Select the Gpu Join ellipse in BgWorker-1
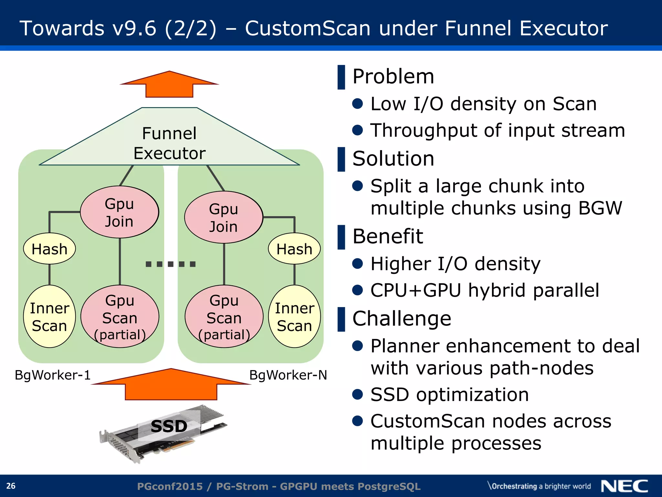119,212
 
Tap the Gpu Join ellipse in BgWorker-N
224,217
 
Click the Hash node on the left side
49,249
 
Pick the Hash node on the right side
294,249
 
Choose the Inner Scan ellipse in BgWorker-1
49,317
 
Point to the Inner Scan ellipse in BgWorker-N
294,317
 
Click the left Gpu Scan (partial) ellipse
120,317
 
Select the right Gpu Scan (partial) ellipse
224,317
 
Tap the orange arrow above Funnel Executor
169,85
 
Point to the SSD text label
169,426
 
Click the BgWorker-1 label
53,375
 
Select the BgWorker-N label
288,375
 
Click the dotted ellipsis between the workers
170,264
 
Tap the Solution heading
393,159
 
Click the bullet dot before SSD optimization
358,394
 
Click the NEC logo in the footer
624,486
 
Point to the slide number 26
11,486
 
